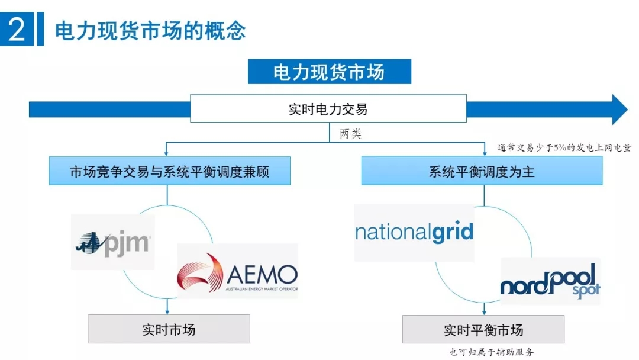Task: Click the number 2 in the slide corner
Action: click(17, 30)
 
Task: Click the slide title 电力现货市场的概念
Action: click(150, 31)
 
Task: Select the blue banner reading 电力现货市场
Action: click(329, 72)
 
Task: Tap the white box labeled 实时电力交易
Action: click(328, 109)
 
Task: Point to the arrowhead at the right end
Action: click(619, 110)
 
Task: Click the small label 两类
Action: click(350, 134)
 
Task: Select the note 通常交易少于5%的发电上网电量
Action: click(564, 148)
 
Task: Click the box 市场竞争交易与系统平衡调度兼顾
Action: click(170, 172)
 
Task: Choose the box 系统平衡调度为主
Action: click(482, 172)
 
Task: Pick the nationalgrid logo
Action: click(414, 232)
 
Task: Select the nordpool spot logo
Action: click(550, 281)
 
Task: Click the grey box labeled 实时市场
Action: click(169, 329)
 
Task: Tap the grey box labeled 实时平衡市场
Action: click(483, 329)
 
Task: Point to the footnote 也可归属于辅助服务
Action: click(491, 352)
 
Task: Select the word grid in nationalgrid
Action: click(450, 231)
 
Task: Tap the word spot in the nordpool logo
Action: click(585, 290)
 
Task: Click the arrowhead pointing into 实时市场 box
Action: click(169, 311)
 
